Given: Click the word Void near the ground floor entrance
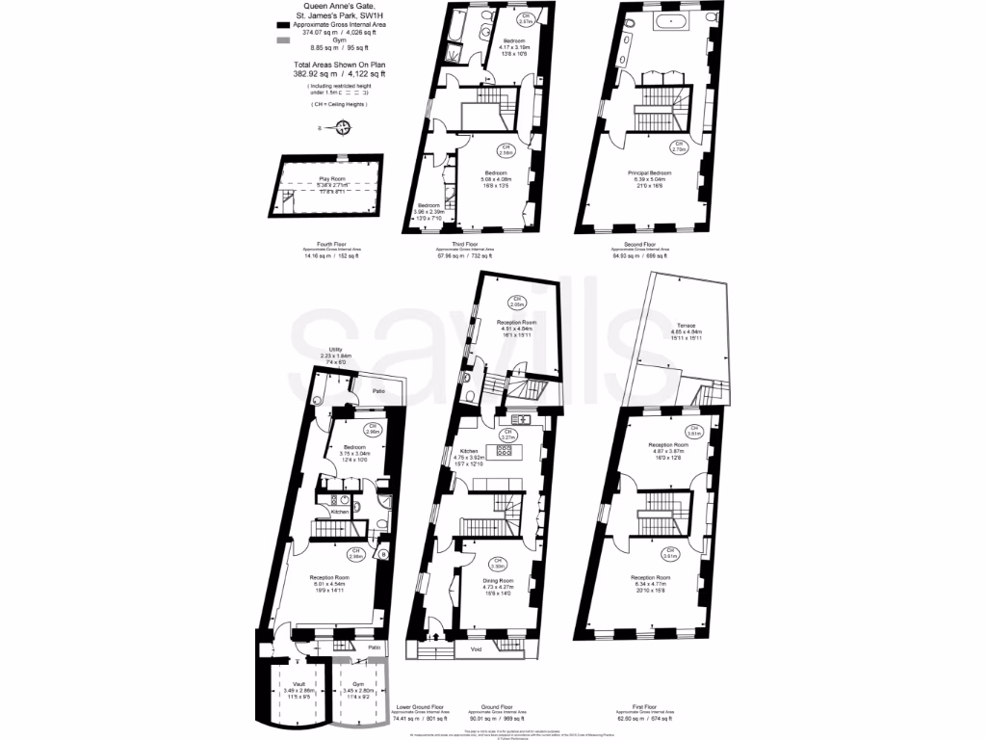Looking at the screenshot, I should pyautogui.click(x=476, y=648).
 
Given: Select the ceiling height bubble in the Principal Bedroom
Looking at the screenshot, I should pyautogui.click(x=678, y=147).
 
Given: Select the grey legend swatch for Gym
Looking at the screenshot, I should pyautogui.click(x=282, y=40).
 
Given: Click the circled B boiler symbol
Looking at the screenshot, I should pyautogui.click(x=383, y=554).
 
